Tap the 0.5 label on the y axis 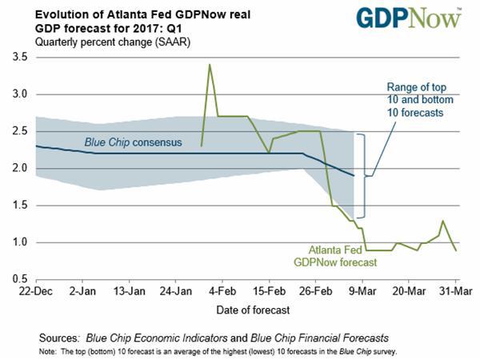pos(17,278)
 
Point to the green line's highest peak pos(210,64)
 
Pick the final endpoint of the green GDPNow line pos(456,250)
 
